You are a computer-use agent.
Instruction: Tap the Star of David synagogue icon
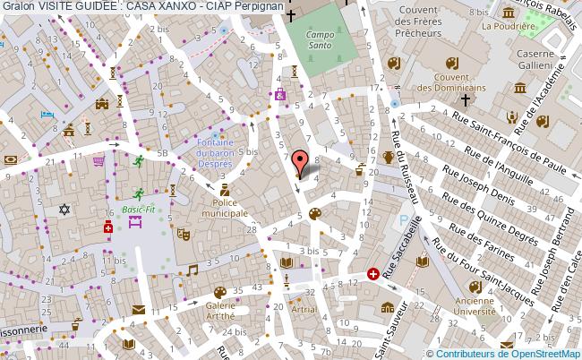pyautogui.click(x=63, y=210)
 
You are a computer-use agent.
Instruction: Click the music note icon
pyautogui.click(x=192, y=270)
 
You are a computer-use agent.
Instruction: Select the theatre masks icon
pyautogui.click(x=183, y=233)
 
